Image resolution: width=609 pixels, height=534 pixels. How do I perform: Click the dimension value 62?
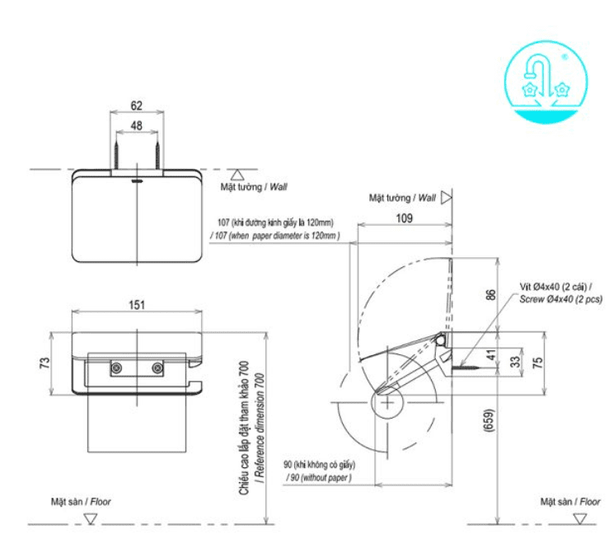click(137, 106)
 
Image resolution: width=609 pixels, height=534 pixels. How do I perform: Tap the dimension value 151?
click(137, 305)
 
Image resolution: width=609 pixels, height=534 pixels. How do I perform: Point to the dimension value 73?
click(46, 362)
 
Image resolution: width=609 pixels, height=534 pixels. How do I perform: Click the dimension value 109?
click(404, 219)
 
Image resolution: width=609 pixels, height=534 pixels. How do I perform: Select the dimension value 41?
click(493, 355)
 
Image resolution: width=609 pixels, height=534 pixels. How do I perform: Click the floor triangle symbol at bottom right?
click(582, 518)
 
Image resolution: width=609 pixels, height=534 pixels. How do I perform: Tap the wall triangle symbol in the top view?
click(237, 175)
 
